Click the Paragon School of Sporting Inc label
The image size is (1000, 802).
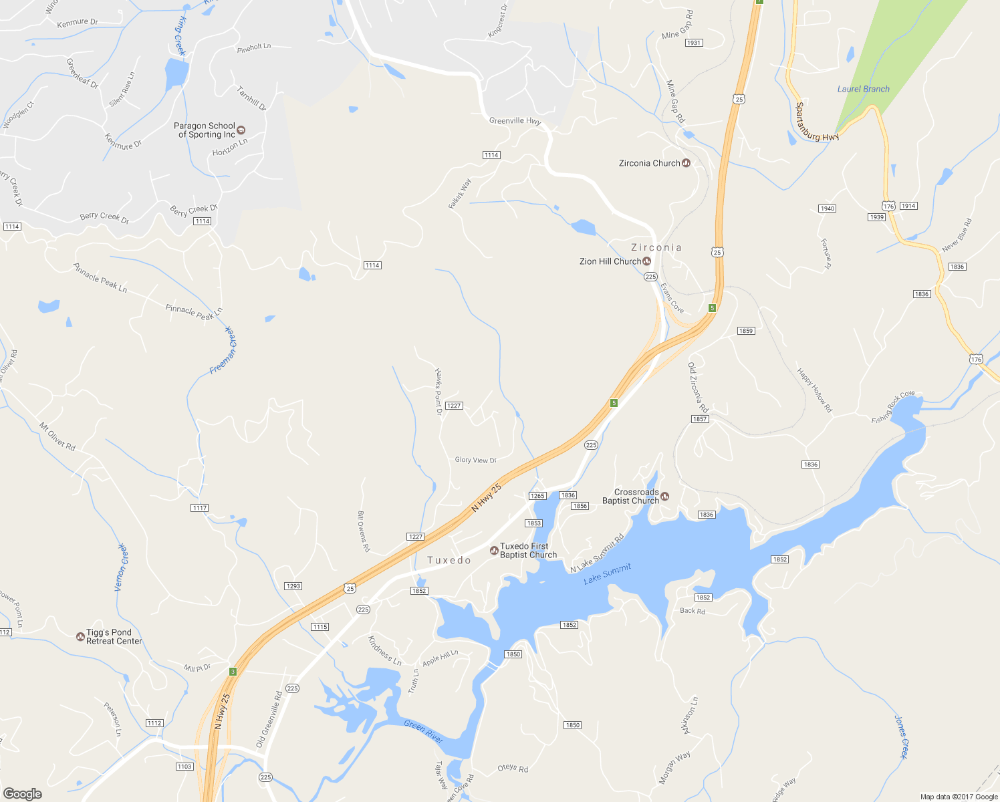(x=205, y=130)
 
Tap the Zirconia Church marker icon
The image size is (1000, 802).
(x=686, y=163)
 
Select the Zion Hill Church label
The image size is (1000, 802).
(x=610, y=261)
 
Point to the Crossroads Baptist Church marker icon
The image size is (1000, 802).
(x=665, y=496)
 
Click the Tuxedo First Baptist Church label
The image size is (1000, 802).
(x=528, y=551)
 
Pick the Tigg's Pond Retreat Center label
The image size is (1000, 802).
(x=114, y=637)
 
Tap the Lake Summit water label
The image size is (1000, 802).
(x=607, y=574)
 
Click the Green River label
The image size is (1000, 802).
(x=424, y=731)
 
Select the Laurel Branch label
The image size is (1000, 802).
(x=863, y=89)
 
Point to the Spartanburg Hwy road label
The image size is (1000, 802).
(x=817, y=122)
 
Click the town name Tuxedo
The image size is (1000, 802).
(x=449, y=560)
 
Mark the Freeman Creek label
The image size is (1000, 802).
(x=223, y=350)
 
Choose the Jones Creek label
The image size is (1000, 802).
(x=901, y=737)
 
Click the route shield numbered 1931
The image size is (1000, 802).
(x=693, y=43)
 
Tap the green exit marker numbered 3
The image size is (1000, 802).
(x=233, y=672)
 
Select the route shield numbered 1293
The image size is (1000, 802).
(x=293, y=586)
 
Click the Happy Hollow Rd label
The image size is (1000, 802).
(x=814, y=390)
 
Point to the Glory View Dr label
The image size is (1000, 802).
(x=475, y=460)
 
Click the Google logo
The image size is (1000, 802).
(x=22, y=793)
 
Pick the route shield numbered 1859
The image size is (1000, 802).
(x=745, y=331)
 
